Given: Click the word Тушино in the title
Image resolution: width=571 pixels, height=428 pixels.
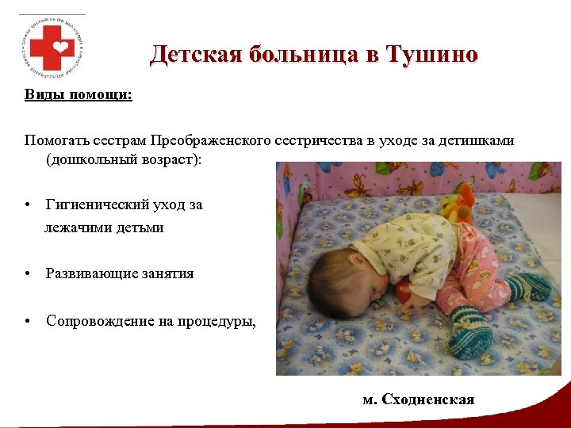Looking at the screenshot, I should click(432, 55).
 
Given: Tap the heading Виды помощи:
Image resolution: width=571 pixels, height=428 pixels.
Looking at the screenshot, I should click(78, 95).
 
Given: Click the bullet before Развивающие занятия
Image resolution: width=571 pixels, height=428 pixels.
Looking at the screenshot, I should click(28, 273).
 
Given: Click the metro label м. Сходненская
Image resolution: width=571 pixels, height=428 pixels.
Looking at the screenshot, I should click(419, 399).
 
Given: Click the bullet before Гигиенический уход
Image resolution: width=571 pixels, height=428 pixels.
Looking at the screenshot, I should click(28, 204).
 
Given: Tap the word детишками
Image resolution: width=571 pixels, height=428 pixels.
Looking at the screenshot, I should click(480, 140).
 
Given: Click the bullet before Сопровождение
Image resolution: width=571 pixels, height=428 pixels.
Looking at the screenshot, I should click(28, 321).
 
